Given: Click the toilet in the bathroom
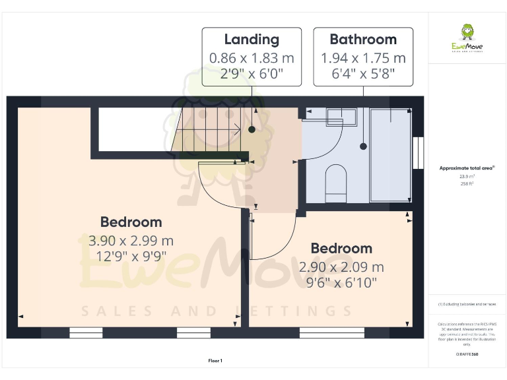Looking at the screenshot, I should pyautogui.click(x=336, y=183).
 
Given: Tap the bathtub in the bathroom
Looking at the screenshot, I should pyautogui.click(x=389, y=154).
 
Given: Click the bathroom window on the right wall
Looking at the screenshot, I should pyautogui.click(x=417, y=152).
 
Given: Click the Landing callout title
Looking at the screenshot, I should pyautogui.click(x=252, y=40).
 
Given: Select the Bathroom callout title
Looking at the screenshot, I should pyautogui.click(x=363, y=40).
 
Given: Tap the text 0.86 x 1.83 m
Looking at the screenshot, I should pyautogui.click(x=252, y=58).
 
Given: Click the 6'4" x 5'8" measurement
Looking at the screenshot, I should pyautogui.click(x=363, y=74).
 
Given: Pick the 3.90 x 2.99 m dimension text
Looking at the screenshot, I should pyautogui.click(x=131, y=241).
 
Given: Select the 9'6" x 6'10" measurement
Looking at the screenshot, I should pyautogui.click(x=341, y=282).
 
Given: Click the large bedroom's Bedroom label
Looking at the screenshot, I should pyautogui.click(x=131, y=222).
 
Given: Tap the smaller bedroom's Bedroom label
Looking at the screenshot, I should pyautogui.click(x=341, y=249).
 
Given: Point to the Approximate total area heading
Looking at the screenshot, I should pyautogui.click(x=467, y=169).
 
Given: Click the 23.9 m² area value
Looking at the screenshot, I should pyautogui.click(x=467, y=176).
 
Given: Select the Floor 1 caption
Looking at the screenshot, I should pyautogui.click(x=215, y=361).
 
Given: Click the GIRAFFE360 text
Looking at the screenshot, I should pyautogui.click(x=467, y=354).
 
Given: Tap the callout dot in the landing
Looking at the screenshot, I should pyautogui.click(x=252, y=130).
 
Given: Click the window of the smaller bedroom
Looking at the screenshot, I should pyautogui.click(x=331, y=333).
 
